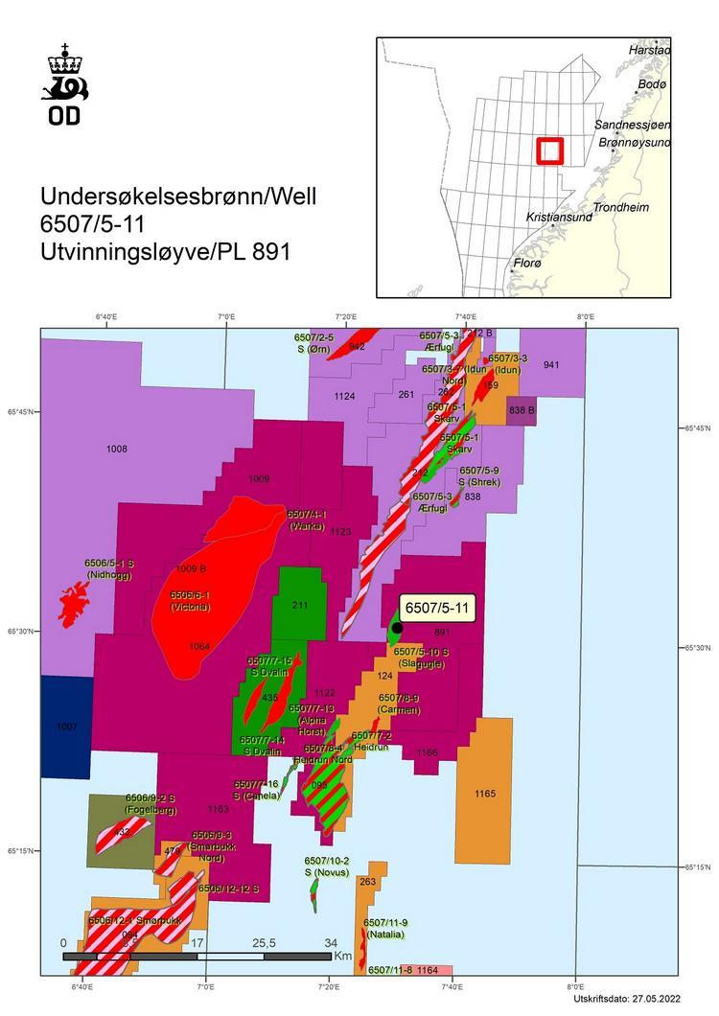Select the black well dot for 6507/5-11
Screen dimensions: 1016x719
(x=397, y=628)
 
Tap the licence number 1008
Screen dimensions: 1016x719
(x=117, y=449)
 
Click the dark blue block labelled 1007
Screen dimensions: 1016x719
(x=66, y=727)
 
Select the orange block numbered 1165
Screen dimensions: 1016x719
(x=484, y=794)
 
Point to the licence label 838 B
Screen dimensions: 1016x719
(x=522, y=410)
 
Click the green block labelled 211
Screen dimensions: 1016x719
(x=300, y=605)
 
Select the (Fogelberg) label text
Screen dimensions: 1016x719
(x=149, y=810)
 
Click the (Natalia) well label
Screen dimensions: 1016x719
(x=383, y=935)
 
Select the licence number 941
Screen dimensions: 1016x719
(x=551, y=364)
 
